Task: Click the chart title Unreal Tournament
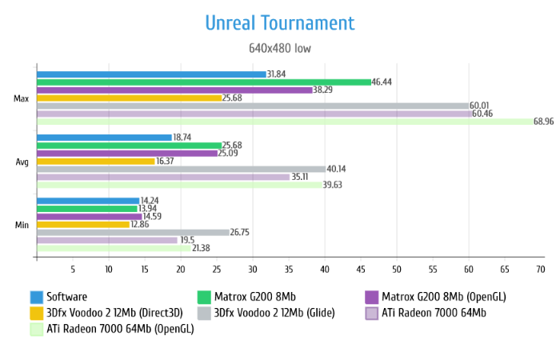pos(279,22)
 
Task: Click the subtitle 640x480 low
pos(279,48)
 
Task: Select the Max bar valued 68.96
pos(284,122)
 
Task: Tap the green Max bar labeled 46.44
pos(203,82)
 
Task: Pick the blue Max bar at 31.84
pos(151,74)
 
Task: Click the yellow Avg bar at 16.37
pos(95,161)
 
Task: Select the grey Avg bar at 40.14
pos(181,169)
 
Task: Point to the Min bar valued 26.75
pos(133,232)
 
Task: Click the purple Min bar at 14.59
pos(89,216)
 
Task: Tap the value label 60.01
pos(480,106)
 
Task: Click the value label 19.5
pos(187,240)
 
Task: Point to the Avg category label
pos(22,162)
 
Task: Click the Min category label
pos(22,225)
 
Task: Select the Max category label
pos(22,98)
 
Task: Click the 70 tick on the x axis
pos(540,270)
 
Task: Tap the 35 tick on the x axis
pos(288,270)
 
